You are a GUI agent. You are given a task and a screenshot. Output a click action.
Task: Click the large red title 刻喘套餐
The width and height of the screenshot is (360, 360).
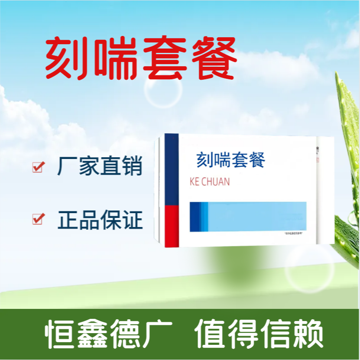[x=141, y=59]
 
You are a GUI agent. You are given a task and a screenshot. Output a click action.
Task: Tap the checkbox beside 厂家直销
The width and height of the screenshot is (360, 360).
[x=39, y=167]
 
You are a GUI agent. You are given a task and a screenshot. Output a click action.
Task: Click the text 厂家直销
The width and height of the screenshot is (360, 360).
[x=100, y=167]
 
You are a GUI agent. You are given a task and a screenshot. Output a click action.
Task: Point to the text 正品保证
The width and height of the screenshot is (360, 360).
[x=100, y=219]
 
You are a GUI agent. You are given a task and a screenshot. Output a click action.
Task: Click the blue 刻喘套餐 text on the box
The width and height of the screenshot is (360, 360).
[x=230, y=160]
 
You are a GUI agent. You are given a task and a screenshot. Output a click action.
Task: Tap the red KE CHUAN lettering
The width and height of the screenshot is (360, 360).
[x=210, y=182]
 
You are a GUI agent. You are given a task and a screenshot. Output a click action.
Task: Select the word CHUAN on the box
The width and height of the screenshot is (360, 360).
[x=216, y=182]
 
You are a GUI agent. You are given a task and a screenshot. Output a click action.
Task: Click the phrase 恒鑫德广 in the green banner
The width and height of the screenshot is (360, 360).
[x=109, y=334]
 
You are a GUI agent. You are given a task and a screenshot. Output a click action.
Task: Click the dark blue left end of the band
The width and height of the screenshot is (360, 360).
[x=195, y=217]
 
